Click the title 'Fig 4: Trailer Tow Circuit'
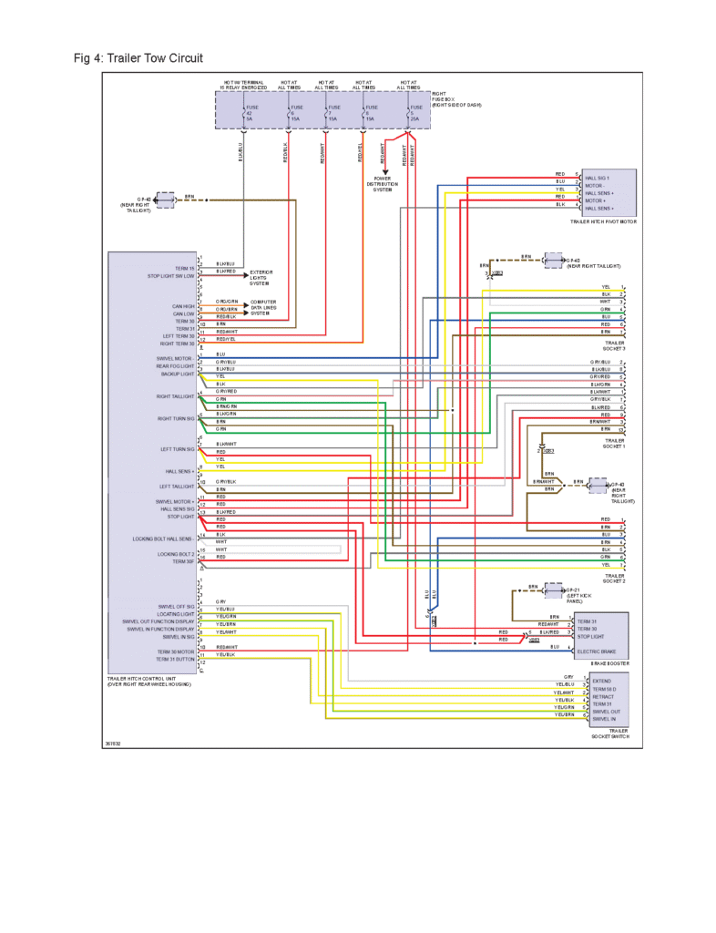coord(138,58)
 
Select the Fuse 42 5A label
coord(251,113)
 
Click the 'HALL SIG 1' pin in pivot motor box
coord(598,178)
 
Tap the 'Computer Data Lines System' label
coord(263,307)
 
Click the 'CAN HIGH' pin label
coord(182,306)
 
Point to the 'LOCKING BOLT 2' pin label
coord(176,554)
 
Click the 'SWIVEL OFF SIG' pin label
coord(176,606)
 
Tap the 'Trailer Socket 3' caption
coord(614,345)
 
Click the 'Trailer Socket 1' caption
coord(614,443)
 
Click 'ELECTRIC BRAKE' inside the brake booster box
coord(596,652)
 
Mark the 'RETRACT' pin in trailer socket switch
coord(602,696)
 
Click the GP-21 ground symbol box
coord(552,591)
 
